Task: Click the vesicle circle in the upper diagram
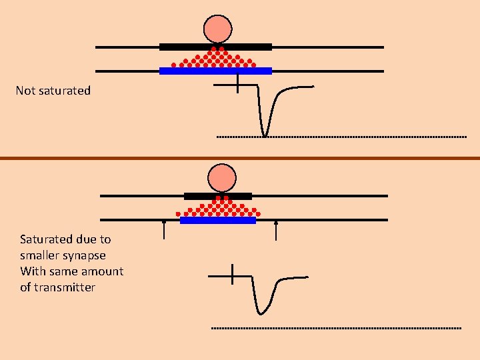tap(217, 29)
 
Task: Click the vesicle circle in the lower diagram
tap(222, 178)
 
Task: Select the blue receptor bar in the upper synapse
tap(215, 71)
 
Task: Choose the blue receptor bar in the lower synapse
tap(218, 220)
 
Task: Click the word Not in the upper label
tap(25, 91)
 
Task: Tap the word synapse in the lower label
tap(85, 255)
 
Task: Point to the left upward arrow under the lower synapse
tap(165, 229)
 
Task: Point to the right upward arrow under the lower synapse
tap(276, 229)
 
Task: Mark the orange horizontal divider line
tap(240, 158)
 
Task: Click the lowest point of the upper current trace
tap(265, 135)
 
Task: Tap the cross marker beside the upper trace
tap(238, 85)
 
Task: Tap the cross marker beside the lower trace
tap(232, 275)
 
